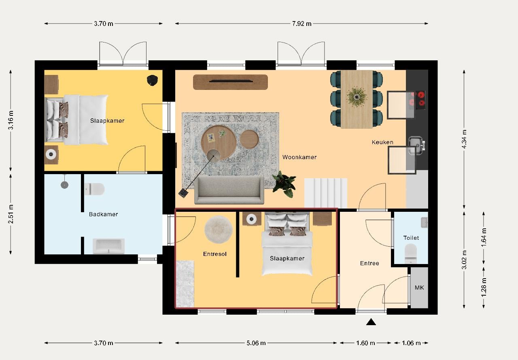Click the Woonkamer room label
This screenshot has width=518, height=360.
[x=299, y=157]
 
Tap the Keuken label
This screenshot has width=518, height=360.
[x=382, y=142]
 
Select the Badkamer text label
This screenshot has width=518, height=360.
[x=103, y=214]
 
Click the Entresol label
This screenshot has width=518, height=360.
[x=214, y=254]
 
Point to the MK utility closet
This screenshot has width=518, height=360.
[x=419, y=288]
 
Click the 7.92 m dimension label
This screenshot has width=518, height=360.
[x=301, y=23]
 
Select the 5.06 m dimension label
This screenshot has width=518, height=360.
[x=256, y=343]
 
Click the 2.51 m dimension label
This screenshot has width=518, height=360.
[x=11, y=215]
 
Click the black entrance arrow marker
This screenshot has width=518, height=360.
[x=371, y=322]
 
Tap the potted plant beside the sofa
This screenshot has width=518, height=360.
[x=284, y=183]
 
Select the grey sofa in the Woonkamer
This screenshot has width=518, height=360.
[x=229, y=190]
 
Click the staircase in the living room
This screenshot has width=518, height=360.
[x=326, y=193]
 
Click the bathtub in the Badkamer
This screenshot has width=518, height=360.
[x=108, y=246]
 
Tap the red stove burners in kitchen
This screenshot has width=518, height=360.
[x=418, y=99]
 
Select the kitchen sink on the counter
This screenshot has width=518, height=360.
[x=415, y=145]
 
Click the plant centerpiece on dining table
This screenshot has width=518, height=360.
[x=357, y=97]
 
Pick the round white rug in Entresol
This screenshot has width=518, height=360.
[x=218, y=229]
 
